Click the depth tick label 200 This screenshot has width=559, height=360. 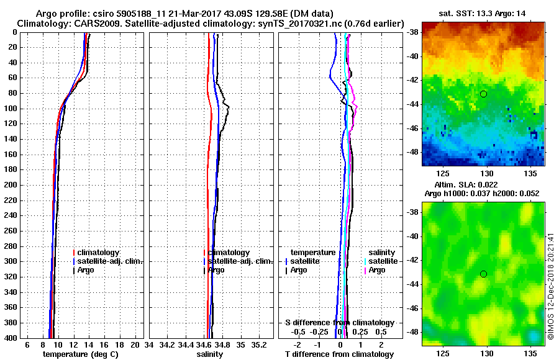point(11,185)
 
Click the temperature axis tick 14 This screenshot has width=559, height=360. point(88,344)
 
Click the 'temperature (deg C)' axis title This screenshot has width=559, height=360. point(81,354)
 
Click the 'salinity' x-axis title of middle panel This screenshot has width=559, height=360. point(211,354)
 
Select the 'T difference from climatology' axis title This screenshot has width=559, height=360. point(340,354)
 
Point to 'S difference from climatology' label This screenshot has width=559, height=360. point(339,323)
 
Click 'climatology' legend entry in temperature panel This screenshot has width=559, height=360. point(99,253)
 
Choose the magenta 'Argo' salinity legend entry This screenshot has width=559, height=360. point(376,270)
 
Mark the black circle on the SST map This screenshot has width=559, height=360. point(483,94)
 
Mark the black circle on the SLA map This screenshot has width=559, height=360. point(483,274)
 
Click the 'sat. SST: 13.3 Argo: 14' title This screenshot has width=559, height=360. point(483,13)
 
